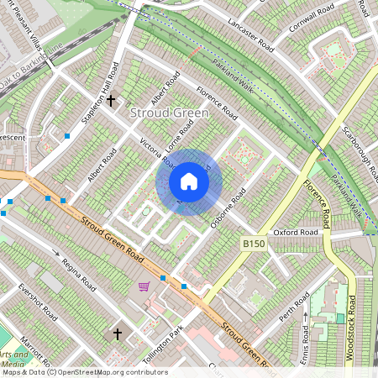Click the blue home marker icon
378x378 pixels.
tap(189, 181)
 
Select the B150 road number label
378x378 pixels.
tap(254, 244)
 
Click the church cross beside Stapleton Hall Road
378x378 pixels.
tap(111, 101)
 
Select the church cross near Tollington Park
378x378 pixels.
tap(118, 334)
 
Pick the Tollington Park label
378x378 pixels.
tap(164, 344)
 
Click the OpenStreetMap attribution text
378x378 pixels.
tap(83, 372)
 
